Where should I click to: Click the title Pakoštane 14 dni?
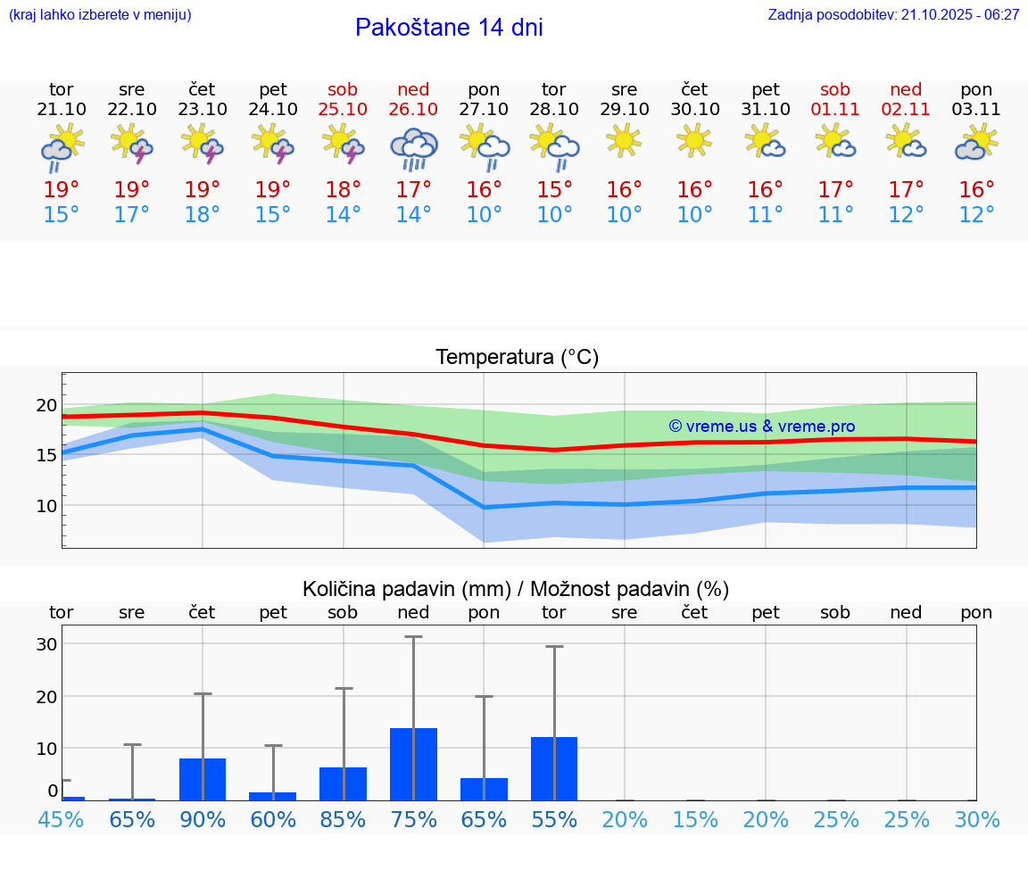449,28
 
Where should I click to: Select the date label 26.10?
413,109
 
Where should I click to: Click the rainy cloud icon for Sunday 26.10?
413,148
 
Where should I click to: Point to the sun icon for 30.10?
694,141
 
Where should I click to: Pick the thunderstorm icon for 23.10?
203,144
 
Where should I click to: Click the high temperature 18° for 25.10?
343,189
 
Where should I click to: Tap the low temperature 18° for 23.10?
203,215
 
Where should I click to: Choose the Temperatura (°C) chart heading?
517,357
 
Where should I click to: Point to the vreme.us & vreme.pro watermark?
762,427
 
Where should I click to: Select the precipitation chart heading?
516,589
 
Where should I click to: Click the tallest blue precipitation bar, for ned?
413,764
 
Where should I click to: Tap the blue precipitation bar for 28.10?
554,768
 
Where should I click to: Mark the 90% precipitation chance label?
203,820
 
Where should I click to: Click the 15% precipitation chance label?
695,820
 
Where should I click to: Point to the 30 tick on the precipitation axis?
46,644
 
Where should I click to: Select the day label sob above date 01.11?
835,89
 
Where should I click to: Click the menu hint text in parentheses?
100,14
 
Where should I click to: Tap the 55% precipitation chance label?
554,820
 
